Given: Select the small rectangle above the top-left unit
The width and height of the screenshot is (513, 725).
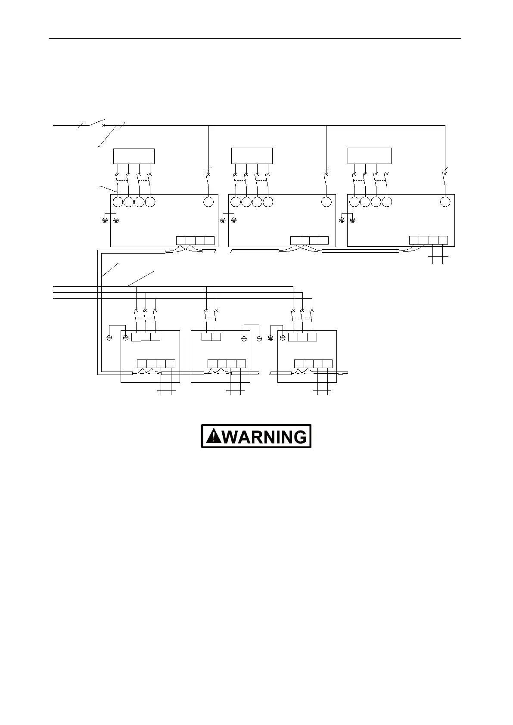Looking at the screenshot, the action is [x=134, y=156].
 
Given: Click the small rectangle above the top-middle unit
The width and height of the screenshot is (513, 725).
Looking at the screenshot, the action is [x=252, y=155].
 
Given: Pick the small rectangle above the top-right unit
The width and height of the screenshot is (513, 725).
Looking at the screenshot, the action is [x=370, y=155].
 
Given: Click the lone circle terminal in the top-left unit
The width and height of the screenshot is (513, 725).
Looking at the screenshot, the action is [x=208, y=201].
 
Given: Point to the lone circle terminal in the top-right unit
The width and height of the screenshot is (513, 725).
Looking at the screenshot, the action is [x=445, y=201].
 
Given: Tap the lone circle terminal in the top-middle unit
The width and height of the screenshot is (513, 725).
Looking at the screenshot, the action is [x=326, y=201].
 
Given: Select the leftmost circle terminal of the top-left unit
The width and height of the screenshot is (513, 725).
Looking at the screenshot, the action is [x=117, y=201].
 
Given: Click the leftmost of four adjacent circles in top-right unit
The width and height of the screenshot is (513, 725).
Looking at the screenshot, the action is [x=354, y=201].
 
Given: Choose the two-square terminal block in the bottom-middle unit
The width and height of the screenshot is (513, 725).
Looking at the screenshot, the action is [x=211, y=337].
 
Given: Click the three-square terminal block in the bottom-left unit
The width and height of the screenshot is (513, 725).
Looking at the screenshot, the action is [x=146, y=337].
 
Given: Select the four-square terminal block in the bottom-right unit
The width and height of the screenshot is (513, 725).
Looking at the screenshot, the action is [x=313, y=363].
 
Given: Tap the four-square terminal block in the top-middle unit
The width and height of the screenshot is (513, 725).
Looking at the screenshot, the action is [x=310, y=240].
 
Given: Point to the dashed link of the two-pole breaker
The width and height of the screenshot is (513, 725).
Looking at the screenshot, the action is [x=211, y=317].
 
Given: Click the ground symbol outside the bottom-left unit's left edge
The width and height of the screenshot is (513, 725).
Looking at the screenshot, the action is [x=109, y=338].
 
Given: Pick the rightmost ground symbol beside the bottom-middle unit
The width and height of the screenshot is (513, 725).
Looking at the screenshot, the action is [x=259, y=338].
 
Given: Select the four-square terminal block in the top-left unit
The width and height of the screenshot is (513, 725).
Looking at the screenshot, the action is [x=195, y=240].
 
